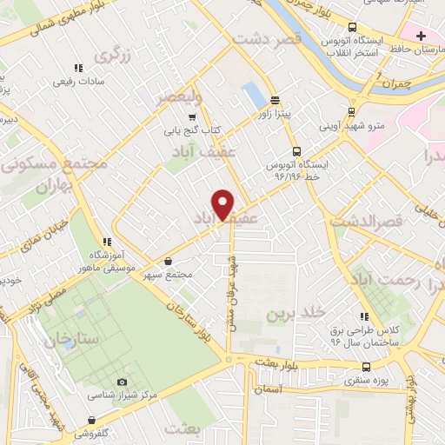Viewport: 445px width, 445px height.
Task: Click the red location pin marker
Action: [x=223, y=204]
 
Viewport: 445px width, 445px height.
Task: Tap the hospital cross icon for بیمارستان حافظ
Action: [x=421, y=36]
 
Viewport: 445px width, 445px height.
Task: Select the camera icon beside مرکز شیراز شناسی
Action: [x=121, y=382]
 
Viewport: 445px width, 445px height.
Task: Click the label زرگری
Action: [x=112, y=56]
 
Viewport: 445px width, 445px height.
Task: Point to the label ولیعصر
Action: [x=179, y=96]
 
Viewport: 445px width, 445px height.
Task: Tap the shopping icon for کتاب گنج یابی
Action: [x=191, y=116]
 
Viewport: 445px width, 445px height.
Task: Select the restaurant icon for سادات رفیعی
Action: [x=77, y=68]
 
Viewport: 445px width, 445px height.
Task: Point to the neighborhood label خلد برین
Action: [x=295, y=311]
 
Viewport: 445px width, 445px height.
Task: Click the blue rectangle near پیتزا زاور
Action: [x=253, y=92]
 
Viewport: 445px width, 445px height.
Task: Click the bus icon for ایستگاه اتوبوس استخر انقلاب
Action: [x=351, y=27]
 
